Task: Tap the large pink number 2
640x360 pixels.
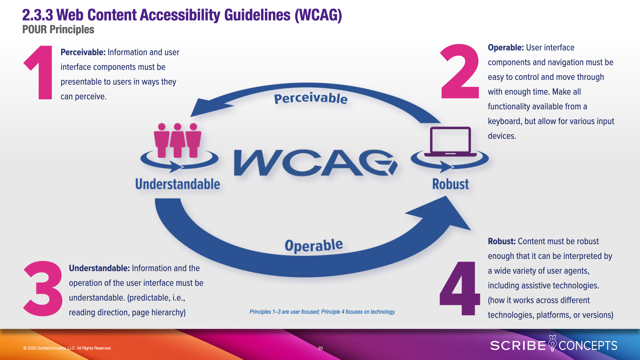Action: click(x=460, y=71)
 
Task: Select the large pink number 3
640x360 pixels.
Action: click(x=43, y=288)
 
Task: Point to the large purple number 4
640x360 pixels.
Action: click(x=460, y=288)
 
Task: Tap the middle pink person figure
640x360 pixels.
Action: click(x=177, y=140)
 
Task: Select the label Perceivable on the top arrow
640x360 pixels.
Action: click(x=311, y=98)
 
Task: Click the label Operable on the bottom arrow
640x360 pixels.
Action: click(x=314, y=245)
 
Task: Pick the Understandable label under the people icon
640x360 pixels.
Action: click(x=177, y=184)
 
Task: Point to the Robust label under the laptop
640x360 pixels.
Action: click(x=450, y=184)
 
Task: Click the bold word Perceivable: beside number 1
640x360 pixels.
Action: click(x=83, y=52)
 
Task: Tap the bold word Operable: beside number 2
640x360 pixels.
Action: click(x=506, y=48)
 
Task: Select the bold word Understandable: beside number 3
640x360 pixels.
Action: click(x=99, y=268)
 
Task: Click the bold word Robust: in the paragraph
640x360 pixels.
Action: click(x=502, y=241)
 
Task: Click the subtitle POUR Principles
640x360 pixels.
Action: click(x=58, y=30)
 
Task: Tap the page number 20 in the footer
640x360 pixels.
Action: click(x=320, y=348)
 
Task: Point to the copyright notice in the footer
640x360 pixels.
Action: click(x=67, y=348)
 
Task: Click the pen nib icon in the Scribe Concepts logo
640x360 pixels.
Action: click(x=552, y=343)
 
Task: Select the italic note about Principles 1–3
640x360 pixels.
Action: click(x=322, y=312)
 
